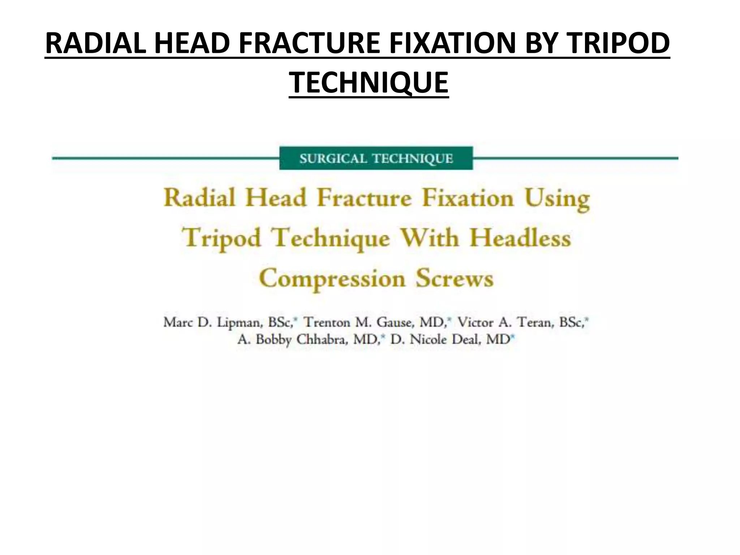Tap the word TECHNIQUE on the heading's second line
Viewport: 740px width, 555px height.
coord(369,83)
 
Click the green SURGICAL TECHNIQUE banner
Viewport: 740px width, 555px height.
coord(376,158)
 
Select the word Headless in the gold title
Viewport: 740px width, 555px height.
coord(520,238)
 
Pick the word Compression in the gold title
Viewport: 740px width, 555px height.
coord(332,279)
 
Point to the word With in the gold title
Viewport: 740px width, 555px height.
coord(430,238)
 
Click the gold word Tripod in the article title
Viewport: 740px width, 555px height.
coord(221,239)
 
